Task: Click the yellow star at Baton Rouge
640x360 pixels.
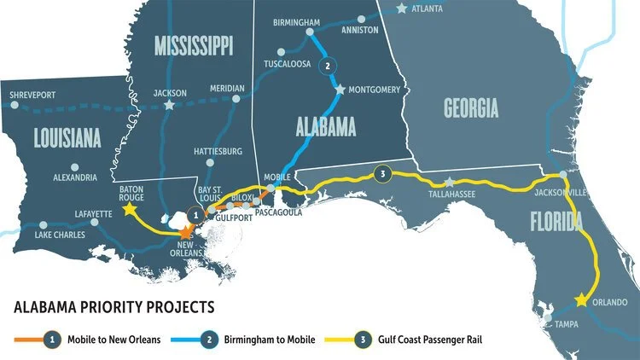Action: [129, 208]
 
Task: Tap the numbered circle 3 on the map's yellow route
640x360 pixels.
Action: [383, 177]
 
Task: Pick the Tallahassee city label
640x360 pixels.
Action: [451, 195]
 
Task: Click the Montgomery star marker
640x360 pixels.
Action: [340, 89]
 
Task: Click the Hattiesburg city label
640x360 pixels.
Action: [217, 151]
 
